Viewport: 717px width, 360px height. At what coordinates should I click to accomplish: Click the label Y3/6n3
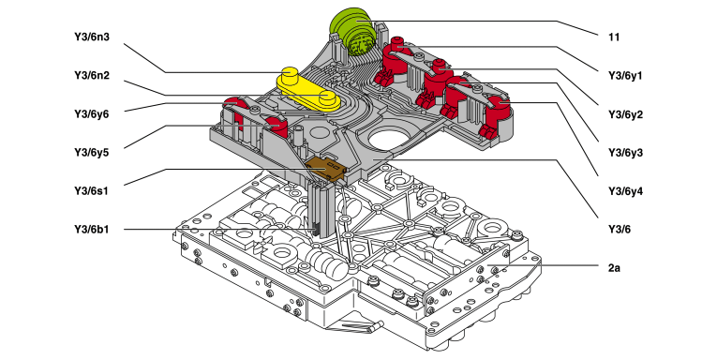92,37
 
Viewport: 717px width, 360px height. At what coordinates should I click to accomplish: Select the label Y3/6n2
92,76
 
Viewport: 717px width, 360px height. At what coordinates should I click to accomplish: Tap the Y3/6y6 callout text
92,113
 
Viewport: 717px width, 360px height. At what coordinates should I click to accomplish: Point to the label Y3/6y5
92,152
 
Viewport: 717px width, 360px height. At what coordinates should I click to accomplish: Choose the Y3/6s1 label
92,190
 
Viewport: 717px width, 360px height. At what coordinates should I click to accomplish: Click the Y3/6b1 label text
92,229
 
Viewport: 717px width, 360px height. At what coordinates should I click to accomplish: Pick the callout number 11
614,37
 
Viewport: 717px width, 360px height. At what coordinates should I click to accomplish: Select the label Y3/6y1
625,76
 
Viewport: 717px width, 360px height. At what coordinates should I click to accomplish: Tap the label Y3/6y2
625,113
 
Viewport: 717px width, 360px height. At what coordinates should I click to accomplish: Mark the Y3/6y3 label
625,152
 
